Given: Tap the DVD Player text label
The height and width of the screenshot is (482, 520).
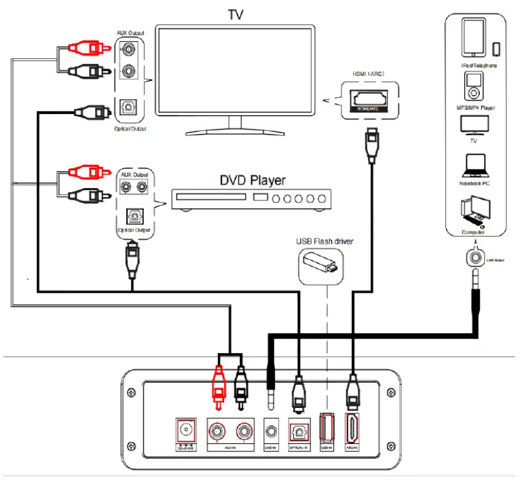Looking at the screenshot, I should point(252,181).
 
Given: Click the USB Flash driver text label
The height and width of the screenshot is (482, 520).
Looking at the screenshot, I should point(324,241).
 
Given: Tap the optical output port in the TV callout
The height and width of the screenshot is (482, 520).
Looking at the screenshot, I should point(132,107).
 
